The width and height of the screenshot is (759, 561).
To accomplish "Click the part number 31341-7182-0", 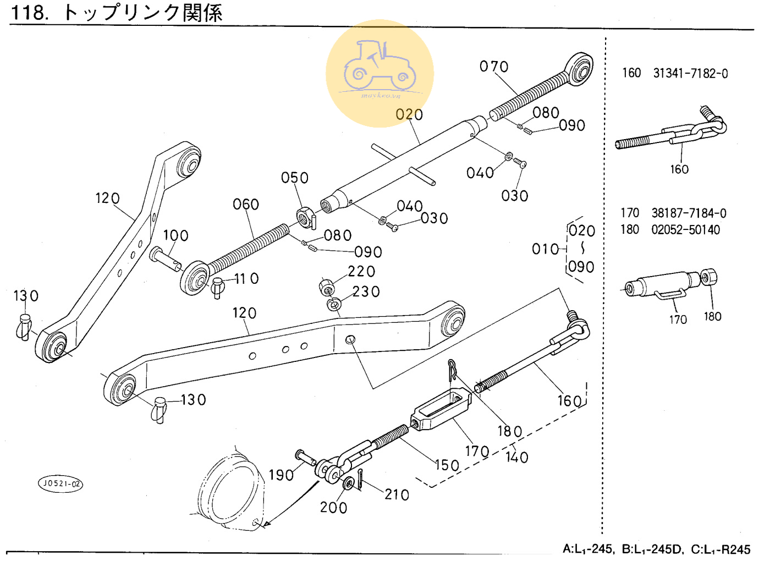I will click(690, 73).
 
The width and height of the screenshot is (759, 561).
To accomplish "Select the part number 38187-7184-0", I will click(689, 213).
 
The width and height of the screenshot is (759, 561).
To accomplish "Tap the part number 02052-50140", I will click(685, 229).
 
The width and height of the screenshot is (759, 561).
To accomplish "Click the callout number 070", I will click(494, 67).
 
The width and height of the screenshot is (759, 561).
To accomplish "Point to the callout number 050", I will click(295, 178).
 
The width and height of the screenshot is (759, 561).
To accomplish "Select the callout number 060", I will click(246, 204).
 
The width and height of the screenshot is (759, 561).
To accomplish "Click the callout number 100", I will click(176, 235).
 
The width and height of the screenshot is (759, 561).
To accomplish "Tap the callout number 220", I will click(361, 271).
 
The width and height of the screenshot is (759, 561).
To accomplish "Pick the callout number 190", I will click(281, 475).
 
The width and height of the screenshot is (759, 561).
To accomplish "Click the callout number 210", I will click(397, 495).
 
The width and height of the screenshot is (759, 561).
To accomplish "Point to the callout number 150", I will click(447, 465).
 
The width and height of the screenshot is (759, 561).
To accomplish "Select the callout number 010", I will click(545, 249).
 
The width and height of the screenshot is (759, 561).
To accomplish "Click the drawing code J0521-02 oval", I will click(61, 483).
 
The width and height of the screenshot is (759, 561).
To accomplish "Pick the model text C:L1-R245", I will click(721, 549).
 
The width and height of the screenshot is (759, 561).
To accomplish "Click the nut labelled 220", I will click(326, 287).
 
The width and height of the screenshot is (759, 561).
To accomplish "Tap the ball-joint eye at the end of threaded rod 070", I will click(580, 68).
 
